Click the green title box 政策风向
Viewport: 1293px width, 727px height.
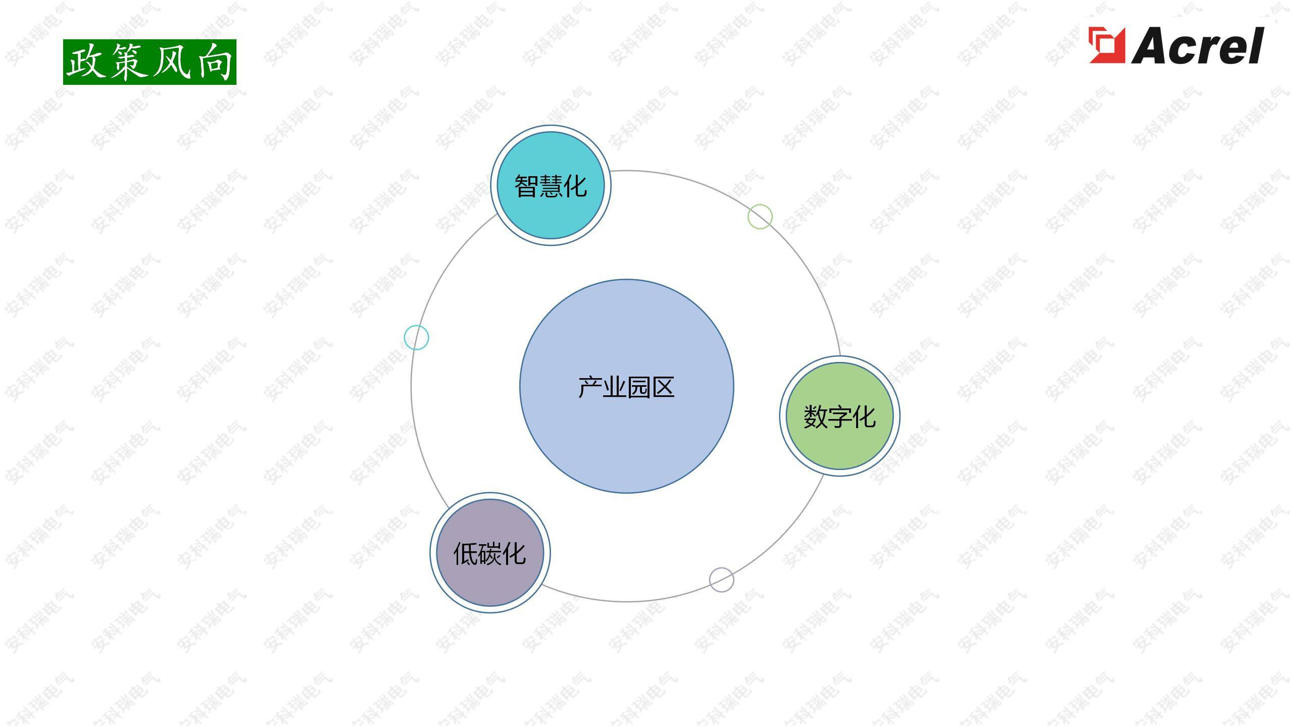click(150, 62)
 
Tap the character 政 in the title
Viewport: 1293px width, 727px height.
click(86, 62)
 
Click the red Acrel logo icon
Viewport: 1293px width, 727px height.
click(1107, 45)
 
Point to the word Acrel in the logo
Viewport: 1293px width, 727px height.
click(1197, 46)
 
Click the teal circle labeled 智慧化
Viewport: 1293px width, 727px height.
click(551, 185)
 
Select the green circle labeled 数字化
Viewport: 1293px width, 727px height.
click(839, 416)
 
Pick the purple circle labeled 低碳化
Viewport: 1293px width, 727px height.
click(490, 553)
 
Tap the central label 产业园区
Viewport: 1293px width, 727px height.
click(626, 387)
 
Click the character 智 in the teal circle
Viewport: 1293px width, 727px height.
click(526, 186)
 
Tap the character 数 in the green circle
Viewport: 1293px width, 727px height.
click(815, 417)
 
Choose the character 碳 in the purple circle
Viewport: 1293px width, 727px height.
click(490, 554)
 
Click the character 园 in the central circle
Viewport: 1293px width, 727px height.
click(638, 387)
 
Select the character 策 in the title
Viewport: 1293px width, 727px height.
click(129, 62)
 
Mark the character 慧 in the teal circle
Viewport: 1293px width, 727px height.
click(551, 186)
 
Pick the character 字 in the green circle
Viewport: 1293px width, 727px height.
click(839, 417)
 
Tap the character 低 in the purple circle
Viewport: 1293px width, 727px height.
click(466, 554)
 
